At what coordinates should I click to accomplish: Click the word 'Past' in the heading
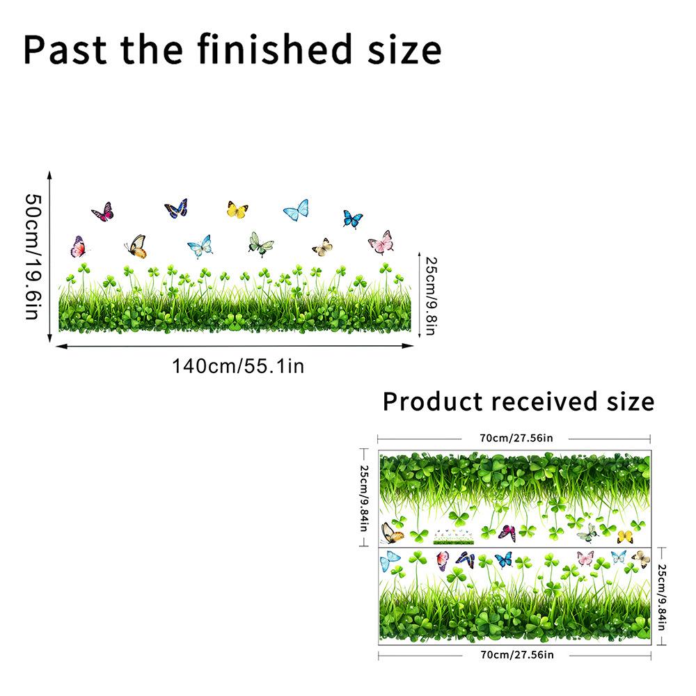(65, 49)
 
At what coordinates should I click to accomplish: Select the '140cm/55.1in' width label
(238, 367)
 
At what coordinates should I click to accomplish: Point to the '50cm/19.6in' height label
(33, 257)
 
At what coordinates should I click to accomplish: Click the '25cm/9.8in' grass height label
(431, 296)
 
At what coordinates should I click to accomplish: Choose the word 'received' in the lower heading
(544, 402)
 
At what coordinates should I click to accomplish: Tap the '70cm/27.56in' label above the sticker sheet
(516, 438)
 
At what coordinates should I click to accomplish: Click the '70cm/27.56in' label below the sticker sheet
(517, 655)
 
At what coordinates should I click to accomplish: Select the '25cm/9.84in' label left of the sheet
(363, 498)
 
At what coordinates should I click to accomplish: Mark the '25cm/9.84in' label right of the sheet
(661, 597)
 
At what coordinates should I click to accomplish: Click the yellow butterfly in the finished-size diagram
(237, 209)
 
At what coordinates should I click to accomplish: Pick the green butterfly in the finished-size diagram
(260, 244)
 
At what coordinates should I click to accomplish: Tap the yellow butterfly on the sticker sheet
(625, 537)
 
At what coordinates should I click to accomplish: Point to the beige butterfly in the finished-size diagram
(322, 247)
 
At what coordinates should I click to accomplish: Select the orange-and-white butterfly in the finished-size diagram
(136, 246)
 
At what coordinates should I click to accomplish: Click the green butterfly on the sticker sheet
(588, 532)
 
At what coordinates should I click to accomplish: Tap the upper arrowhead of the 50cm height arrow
(49, 174)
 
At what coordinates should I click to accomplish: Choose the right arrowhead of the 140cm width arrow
(409, 346)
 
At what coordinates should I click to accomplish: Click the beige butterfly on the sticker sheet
(641, 559)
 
